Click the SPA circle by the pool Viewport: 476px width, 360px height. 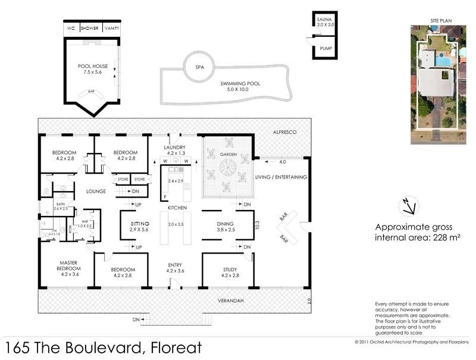[x=199, y=67]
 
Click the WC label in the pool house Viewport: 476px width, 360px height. [x=71, y=28]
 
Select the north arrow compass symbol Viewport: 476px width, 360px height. [x=409, y=205]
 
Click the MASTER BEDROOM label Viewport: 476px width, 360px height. [x=68, y=265]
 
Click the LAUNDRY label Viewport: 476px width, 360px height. [x=176, y=148]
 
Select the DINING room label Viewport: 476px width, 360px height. [x=226, y=224]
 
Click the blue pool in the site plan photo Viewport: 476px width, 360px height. [x=443, y=61]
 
